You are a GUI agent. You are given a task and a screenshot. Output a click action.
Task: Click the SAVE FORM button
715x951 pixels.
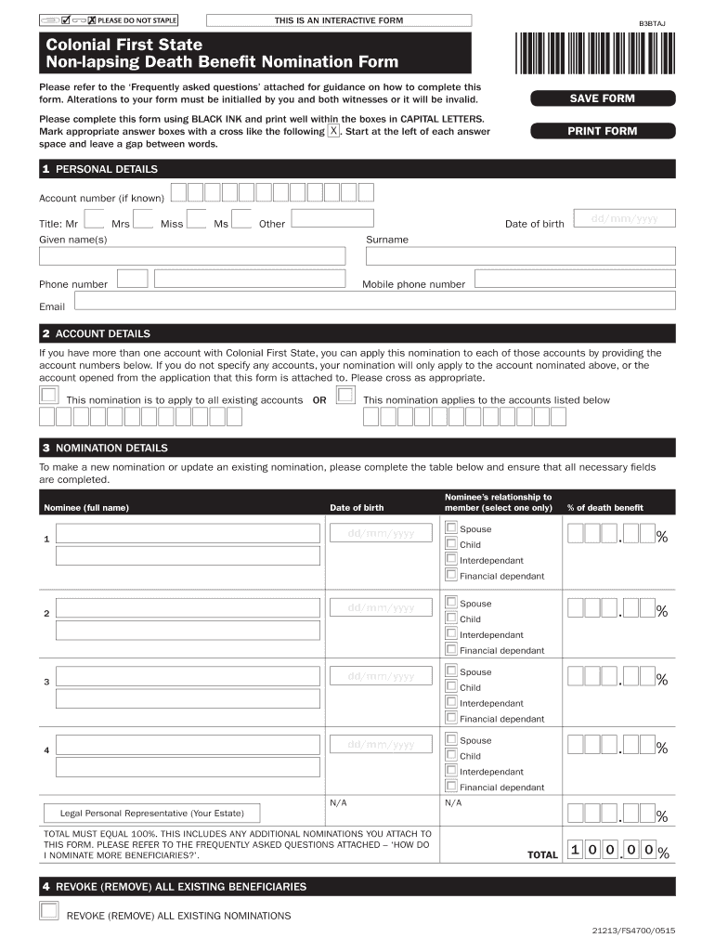[x=602, y=98]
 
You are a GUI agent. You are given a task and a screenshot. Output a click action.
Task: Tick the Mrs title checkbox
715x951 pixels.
[x=143, y=218]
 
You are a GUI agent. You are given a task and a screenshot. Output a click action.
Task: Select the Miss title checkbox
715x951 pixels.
[x=197, y=218]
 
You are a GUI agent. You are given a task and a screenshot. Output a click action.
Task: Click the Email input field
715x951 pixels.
[x=373, y=300]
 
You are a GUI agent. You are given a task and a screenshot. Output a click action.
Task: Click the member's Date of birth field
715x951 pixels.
[x=624, y=218]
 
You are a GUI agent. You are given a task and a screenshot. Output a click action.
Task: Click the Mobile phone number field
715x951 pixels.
[x=574, y=279]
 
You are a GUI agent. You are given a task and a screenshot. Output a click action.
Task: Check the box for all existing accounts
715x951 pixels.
[x=47, y=396]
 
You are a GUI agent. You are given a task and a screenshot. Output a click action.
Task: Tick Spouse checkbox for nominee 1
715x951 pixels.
[x=451, y=528]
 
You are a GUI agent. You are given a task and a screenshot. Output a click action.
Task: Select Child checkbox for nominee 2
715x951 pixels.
[x=451, y=619]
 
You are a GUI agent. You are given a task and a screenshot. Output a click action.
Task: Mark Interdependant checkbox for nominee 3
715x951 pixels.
[x=451, y=703]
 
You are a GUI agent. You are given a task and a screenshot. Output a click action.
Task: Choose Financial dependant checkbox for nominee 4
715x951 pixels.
[x=451, y=787]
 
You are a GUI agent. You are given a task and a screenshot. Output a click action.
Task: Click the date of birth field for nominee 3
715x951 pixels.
[x=381, y=676]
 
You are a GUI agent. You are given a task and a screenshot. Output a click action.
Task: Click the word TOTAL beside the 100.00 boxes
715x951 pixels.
[x=542, y=854]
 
